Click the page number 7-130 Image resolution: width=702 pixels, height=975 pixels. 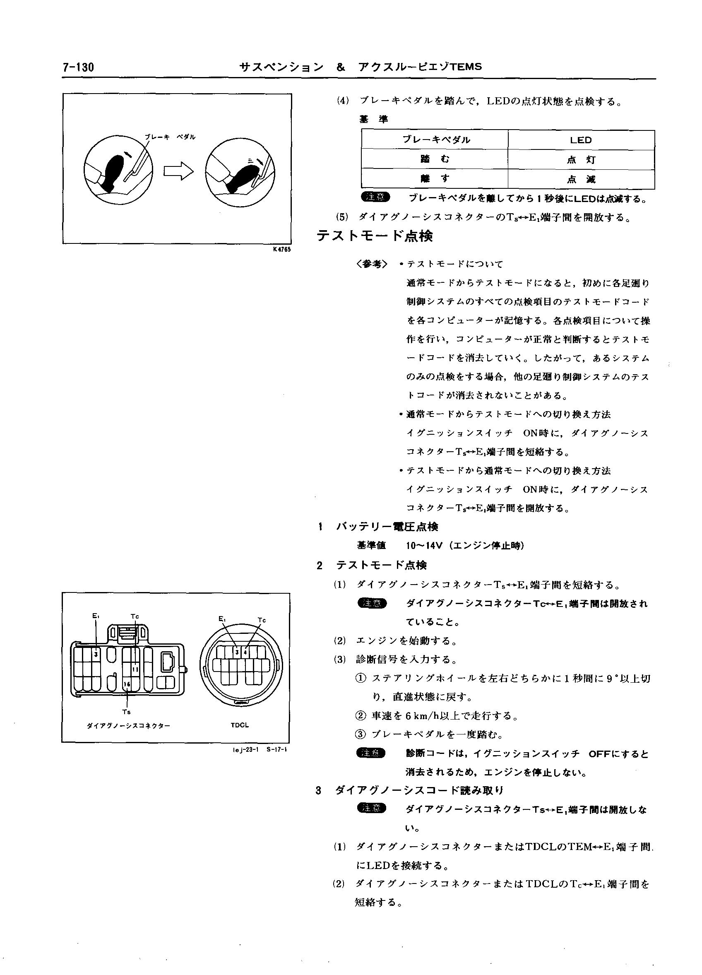pyautogui.click(x=78, y=67)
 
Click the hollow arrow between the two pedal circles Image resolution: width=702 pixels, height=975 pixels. pyautogui.click(x=178, y=171)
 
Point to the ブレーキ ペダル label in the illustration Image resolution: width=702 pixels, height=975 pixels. pyautogui.click(x=170, y=137)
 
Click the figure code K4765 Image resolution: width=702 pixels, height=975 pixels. pyautogui.click(x=281, y=250)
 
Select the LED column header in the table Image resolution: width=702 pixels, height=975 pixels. pyautogui.click(x=581, y=140)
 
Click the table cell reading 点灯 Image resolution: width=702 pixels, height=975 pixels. pyautogui.click(x=581, y=160)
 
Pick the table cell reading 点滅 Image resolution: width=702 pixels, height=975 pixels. pyautogui.click(x=581, y=180)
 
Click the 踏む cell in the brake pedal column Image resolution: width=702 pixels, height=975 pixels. pyautogui.click(x=435, y=159)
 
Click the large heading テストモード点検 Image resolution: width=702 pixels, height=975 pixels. pyautogui.click(x=375, y=236)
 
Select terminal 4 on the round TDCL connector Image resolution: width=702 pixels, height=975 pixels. pyautogui.click(x=245, y=652)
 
